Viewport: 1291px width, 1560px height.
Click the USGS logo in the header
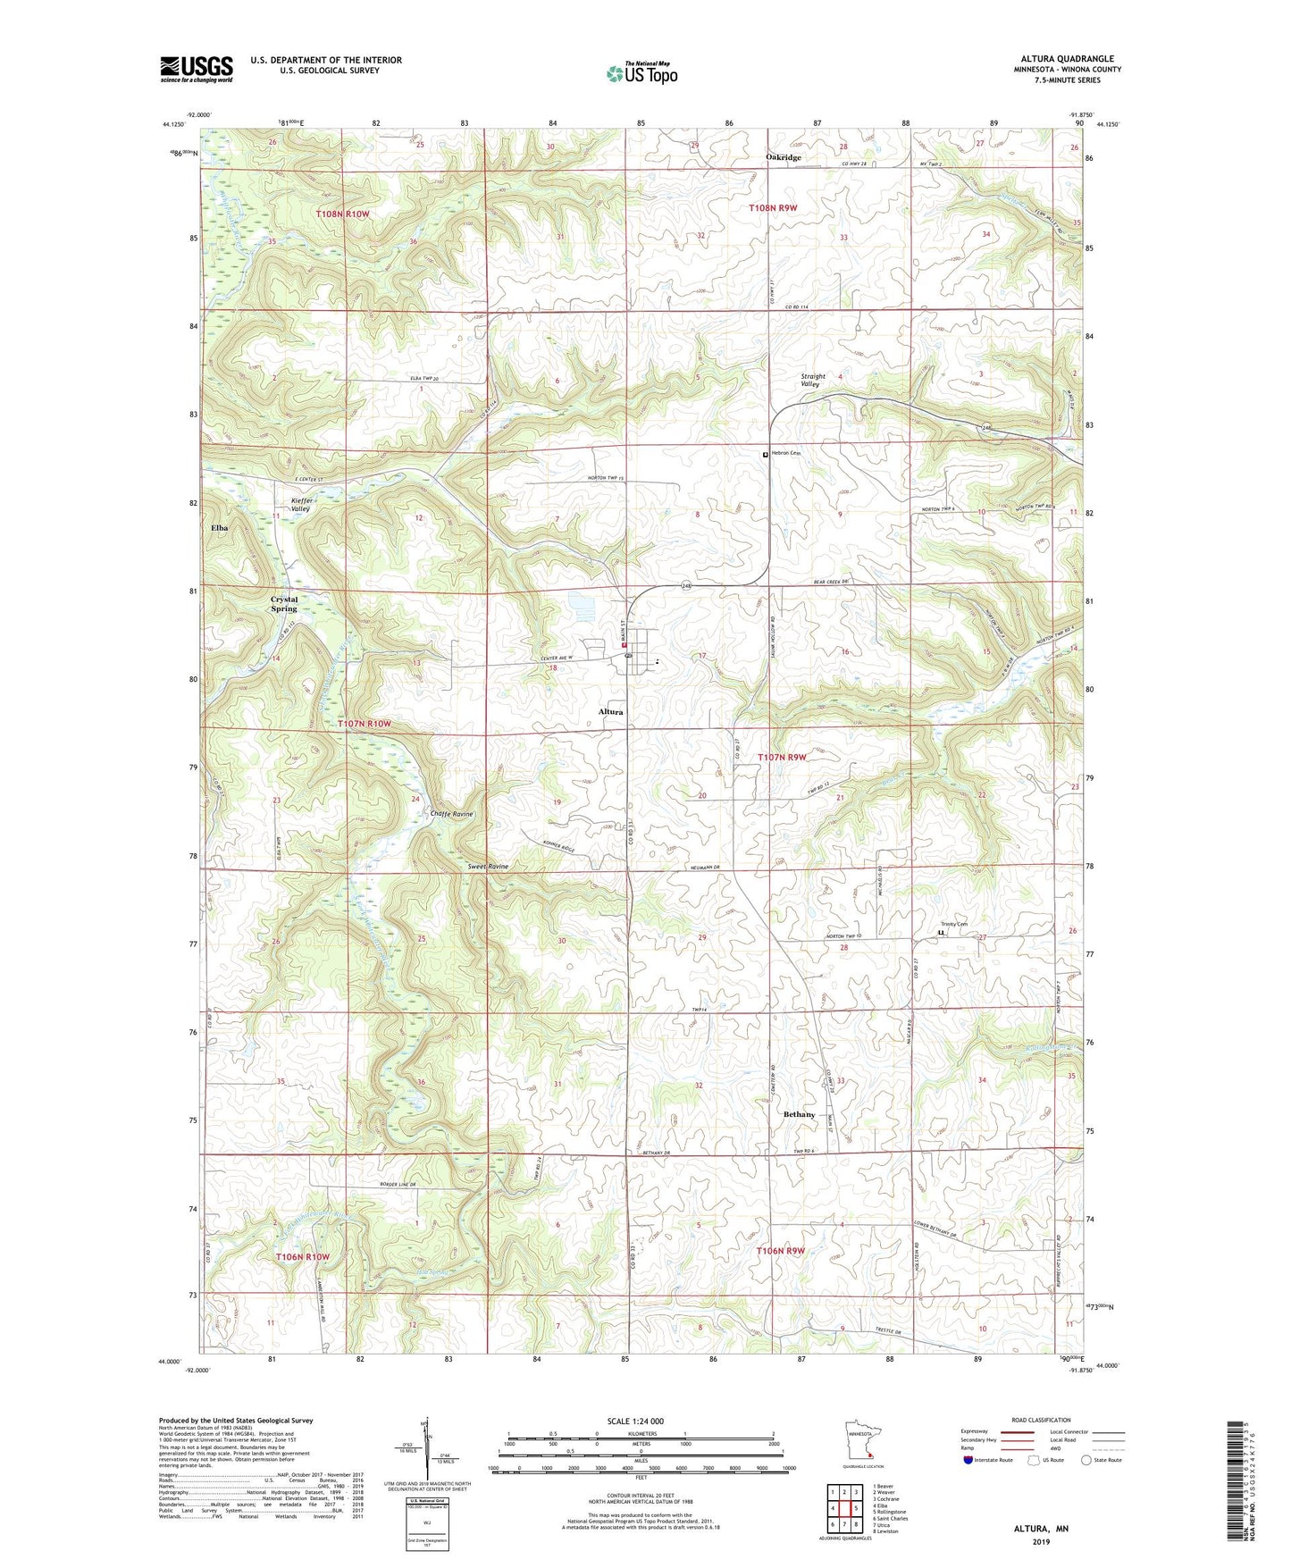(197, 69)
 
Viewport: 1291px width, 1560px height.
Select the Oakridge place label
(784, 157)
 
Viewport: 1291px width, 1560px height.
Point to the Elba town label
(219, 528)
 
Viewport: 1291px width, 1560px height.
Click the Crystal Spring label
(284, 603)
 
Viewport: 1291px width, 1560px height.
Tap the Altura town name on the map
(611, 711)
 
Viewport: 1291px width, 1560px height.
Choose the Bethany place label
(799, 1114)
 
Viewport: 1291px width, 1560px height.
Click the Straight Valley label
(813, 380)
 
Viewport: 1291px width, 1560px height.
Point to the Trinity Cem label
(953, 924)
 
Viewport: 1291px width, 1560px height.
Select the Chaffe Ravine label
(452, 814)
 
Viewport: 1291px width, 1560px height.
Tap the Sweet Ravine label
(488, 867)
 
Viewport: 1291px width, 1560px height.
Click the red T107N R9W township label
(782, 757)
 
